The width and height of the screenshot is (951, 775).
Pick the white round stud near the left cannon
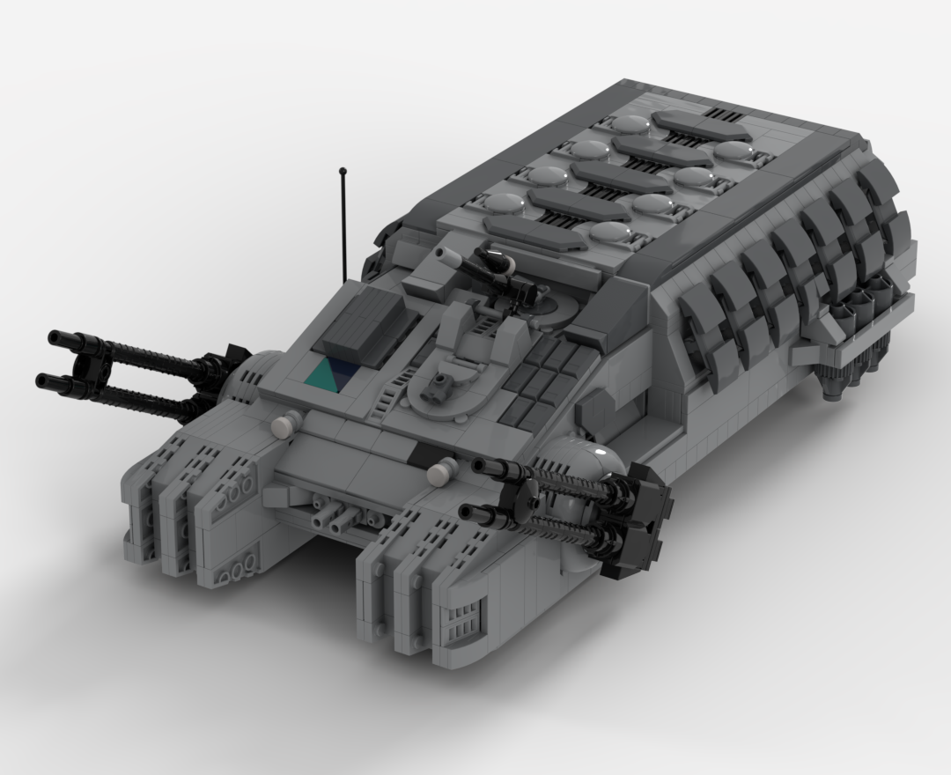(x=281, y=425)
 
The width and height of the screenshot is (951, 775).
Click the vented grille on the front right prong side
(x=466, y=616)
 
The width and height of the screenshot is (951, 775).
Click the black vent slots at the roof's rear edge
(x=725, y=114)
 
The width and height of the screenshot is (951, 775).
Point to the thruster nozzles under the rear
(x=845, y=379)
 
